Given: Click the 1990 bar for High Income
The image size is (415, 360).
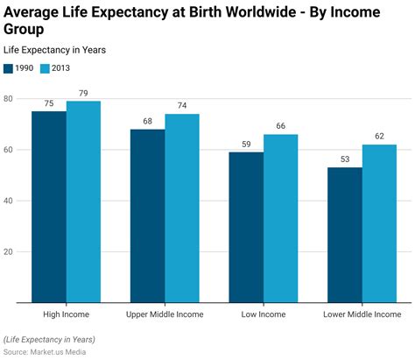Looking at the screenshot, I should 49,207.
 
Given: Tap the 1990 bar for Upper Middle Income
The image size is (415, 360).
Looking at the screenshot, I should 147,215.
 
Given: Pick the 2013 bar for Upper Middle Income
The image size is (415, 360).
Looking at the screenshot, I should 182,208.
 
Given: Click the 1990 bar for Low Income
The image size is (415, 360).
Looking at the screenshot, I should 246,227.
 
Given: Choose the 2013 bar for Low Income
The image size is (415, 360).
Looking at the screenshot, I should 281,218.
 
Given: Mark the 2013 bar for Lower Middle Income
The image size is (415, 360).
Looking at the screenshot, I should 379,223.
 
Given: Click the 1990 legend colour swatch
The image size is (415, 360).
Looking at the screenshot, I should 9,68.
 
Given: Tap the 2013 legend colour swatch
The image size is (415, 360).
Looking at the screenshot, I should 46,68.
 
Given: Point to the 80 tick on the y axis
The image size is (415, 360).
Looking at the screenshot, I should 8,99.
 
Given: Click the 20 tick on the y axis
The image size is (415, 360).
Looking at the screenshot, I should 8,251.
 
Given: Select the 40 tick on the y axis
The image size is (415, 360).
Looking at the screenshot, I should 8,201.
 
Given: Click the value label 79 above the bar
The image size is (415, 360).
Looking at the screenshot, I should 83,94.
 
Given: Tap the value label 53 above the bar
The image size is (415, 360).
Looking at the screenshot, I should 345,159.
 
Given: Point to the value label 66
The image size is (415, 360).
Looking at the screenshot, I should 281,127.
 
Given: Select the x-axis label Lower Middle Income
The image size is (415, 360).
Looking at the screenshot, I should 362,314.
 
